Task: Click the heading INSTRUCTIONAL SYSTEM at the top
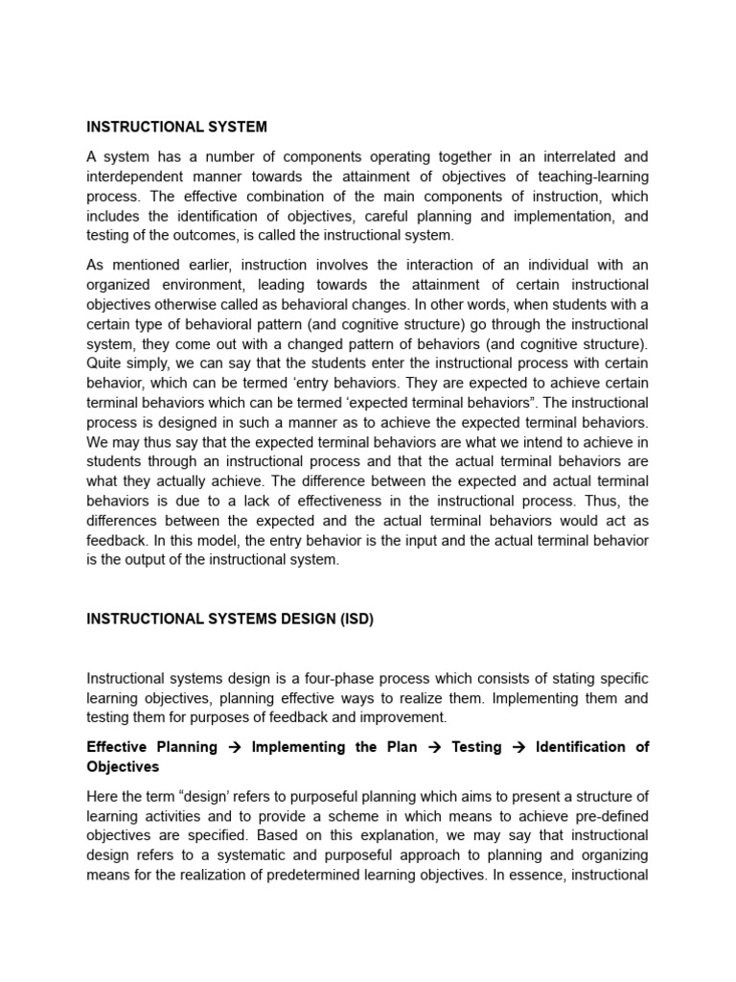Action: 176,127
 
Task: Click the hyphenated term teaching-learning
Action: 588,175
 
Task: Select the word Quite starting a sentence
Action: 105,362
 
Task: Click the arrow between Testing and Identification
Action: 517,747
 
